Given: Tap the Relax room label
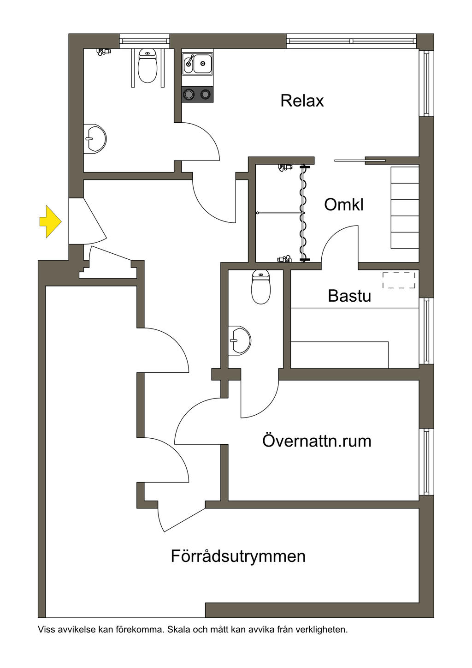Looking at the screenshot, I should [x=302, y=101].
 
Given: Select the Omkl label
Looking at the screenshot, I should [x=343, y=204].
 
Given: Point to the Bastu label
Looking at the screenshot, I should [x=349, y=296].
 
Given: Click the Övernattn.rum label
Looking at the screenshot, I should [x=317, y=441].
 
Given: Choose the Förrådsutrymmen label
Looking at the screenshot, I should [x=238, y=556].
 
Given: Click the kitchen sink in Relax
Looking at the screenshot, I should [x=198, y=63].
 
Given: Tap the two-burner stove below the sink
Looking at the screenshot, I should [x=197, y=95].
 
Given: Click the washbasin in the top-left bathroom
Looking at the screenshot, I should [x=95, y=138].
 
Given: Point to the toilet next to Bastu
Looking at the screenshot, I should [x=260, y=287].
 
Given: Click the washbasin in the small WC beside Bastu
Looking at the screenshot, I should [x=240, y=340].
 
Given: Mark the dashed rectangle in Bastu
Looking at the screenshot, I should [x=399, y=280].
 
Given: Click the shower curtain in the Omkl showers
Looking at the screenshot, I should [x=303, y=213].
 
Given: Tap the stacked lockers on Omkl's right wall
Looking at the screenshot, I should [x=405, y=208].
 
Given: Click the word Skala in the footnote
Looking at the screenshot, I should [x=177, y=629].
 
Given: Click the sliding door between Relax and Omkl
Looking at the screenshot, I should [x=360, y=161].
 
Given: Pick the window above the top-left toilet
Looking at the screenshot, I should [x=144, y=41].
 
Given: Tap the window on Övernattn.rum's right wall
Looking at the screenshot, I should [x=426, y=461].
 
